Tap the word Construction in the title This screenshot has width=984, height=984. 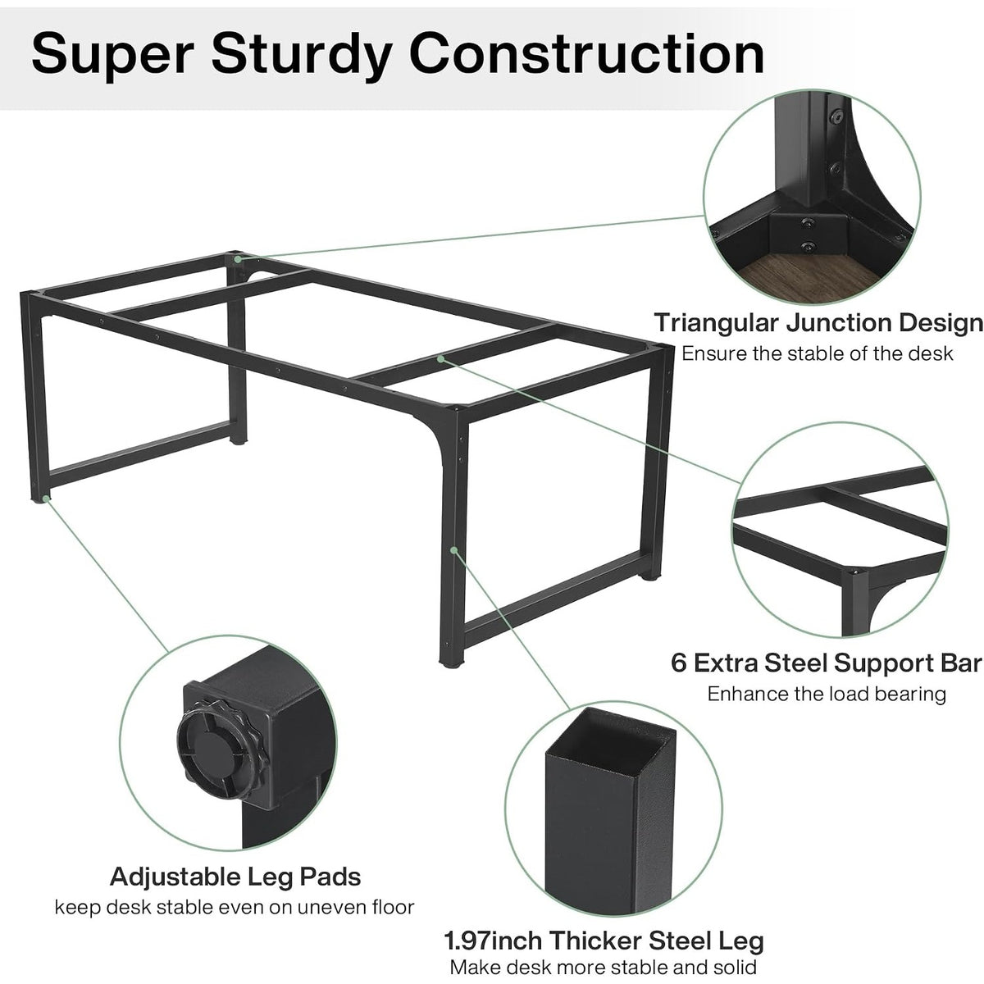pos(586,53)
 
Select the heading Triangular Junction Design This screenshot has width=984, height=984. pos(818,323)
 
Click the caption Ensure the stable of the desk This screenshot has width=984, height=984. pos(817,353)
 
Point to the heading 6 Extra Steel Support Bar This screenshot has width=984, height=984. pos(827,663)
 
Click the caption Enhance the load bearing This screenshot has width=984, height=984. pos(827,694)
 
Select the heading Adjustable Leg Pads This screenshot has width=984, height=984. pos(235,877)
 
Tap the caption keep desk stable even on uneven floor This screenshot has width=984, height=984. pos(235,908)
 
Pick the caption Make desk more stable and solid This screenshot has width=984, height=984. pos(603,967)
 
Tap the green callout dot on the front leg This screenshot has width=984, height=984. pos(453,550)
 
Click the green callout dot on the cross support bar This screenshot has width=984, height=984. pos(440,359)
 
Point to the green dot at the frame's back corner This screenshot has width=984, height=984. pos(238,259)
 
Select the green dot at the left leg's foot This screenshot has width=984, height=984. pos(46,498)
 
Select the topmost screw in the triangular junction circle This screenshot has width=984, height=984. pos(836,117)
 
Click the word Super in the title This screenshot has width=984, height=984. pos(112,55)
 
